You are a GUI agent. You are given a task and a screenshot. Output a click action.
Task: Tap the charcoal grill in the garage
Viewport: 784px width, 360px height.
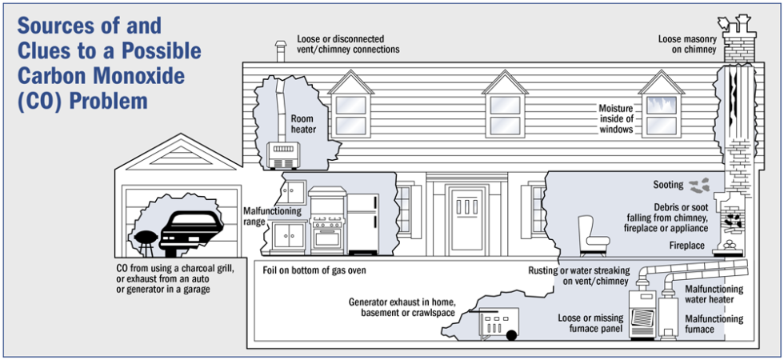pyautogui.click(x=146, y=239)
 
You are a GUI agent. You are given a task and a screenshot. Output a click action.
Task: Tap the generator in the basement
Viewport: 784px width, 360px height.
pyautogui.click(x=497, y=324)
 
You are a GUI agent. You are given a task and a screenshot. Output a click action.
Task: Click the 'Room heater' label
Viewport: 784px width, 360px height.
pyautogui.click(x=303, y=124)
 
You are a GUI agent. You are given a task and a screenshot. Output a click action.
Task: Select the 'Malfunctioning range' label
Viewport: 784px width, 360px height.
pyautogui.click(x=272, y=216)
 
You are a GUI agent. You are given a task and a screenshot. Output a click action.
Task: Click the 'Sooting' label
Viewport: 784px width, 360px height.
pyautogui.click(x=668, y=185)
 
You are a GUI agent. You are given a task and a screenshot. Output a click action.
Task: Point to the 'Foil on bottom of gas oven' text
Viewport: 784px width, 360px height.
pyautogui.click(x=314, y=270)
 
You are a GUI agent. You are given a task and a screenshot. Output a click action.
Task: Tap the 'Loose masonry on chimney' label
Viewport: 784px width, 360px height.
pyautogui.click(x=687, y=44)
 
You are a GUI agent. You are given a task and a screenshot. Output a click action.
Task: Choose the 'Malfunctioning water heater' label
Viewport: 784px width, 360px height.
pyautogui.click(x=714, y=294)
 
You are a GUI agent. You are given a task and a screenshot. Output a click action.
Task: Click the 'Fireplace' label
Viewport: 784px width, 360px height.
pyautogui.click(x=686, y=246)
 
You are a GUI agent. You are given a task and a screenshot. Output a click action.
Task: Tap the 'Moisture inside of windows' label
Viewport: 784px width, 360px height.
pyautogui.click(x=616, y=118)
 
